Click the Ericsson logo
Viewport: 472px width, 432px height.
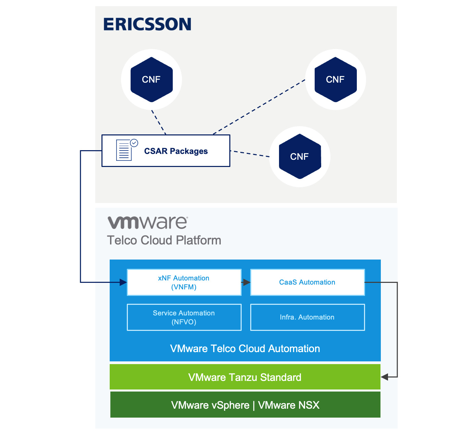click(147, 24)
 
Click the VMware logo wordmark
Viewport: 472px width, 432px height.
click(148, 223)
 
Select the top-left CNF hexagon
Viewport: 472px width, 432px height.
click(152, 80)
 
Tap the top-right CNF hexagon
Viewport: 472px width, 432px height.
click(336, 80)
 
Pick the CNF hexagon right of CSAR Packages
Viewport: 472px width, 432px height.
click(300, 156)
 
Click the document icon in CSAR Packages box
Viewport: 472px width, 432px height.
click(124, 151)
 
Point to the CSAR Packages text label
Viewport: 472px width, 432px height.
click(176, 151)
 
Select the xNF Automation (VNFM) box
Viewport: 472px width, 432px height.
click(184, 283)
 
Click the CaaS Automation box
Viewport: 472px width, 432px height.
click(307, 283)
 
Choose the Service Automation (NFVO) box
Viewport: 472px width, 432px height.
click(184, 317)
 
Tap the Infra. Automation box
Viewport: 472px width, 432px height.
click(307, 317)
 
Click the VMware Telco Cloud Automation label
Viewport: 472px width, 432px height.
click(245, 349)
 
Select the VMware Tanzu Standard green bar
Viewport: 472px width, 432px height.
click(245, 377)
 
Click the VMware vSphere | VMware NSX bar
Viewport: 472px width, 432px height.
click(245, 405)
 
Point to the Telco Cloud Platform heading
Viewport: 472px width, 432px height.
click(164, 240)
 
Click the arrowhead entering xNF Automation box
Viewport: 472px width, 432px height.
click(123, 283)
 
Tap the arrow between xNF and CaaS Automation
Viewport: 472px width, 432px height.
click(246, 283)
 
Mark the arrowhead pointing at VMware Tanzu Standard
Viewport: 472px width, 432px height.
click(385, 377)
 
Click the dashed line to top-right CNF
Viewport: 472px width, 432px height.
click(259, 107)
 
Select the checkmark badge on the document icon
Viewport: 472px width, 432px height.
click(134, 143)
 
